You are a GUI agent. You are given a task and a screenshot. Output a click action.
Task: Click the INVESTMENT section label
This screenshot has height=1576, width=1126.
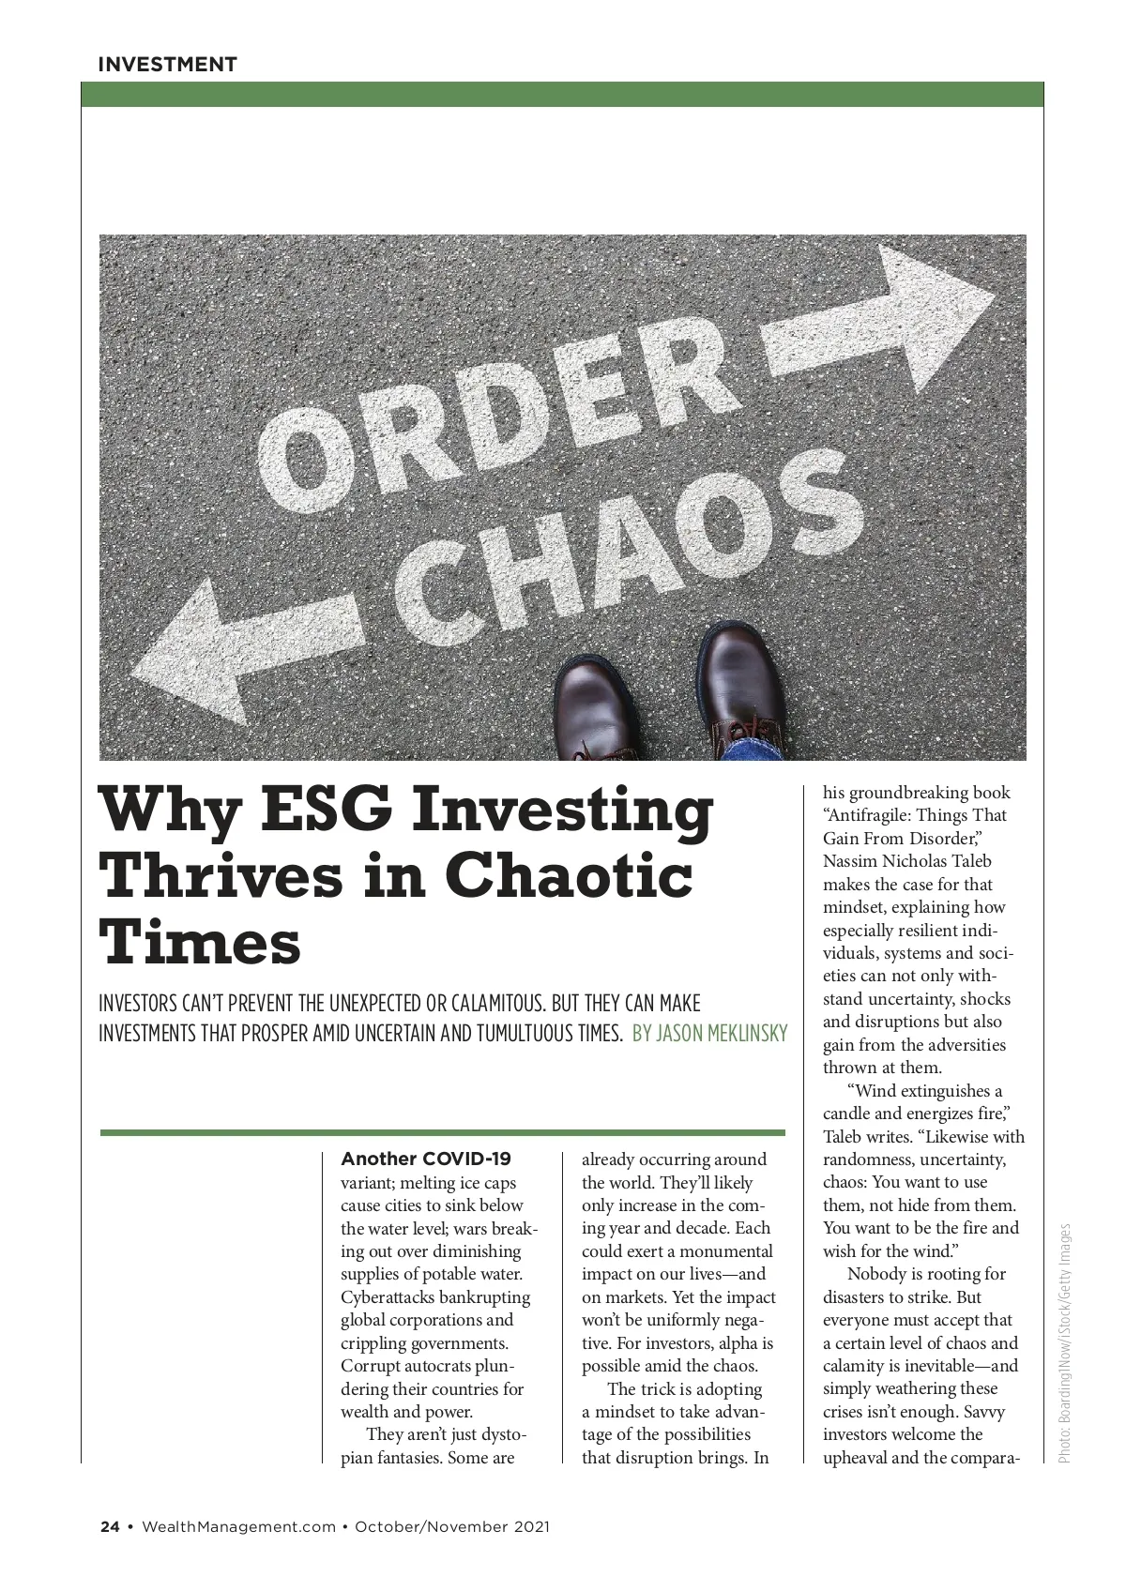(x=167, y=65)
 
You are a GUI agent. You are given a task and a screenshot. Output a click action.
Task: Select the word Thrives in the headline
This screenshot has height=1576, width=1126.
(x=221, y=875)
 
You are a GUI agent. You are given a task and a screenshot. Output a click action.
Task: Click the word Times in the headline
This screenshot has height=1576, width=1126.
(x=200, y=942)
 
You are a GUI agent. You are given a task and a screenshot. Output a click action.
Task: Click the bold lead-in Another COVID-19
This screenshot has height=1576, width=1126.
(x=426, y=1159)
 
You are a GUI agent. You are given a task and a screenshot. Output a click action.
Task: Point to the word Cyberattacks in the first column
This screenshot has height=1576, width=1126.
(x=388, y=1297)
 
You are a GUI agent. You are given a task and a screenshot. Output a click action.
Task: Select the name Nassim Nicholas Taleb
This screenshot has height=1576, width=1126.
(x=906, y=861)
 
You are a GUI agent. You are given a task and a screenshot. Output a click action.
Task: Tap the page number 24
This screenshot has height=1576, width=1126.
(x=110, y=1526)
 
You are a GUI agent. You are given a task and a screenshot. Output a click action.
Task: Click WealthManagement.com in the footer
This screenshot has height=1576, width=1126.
(x=238, y=1526)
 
